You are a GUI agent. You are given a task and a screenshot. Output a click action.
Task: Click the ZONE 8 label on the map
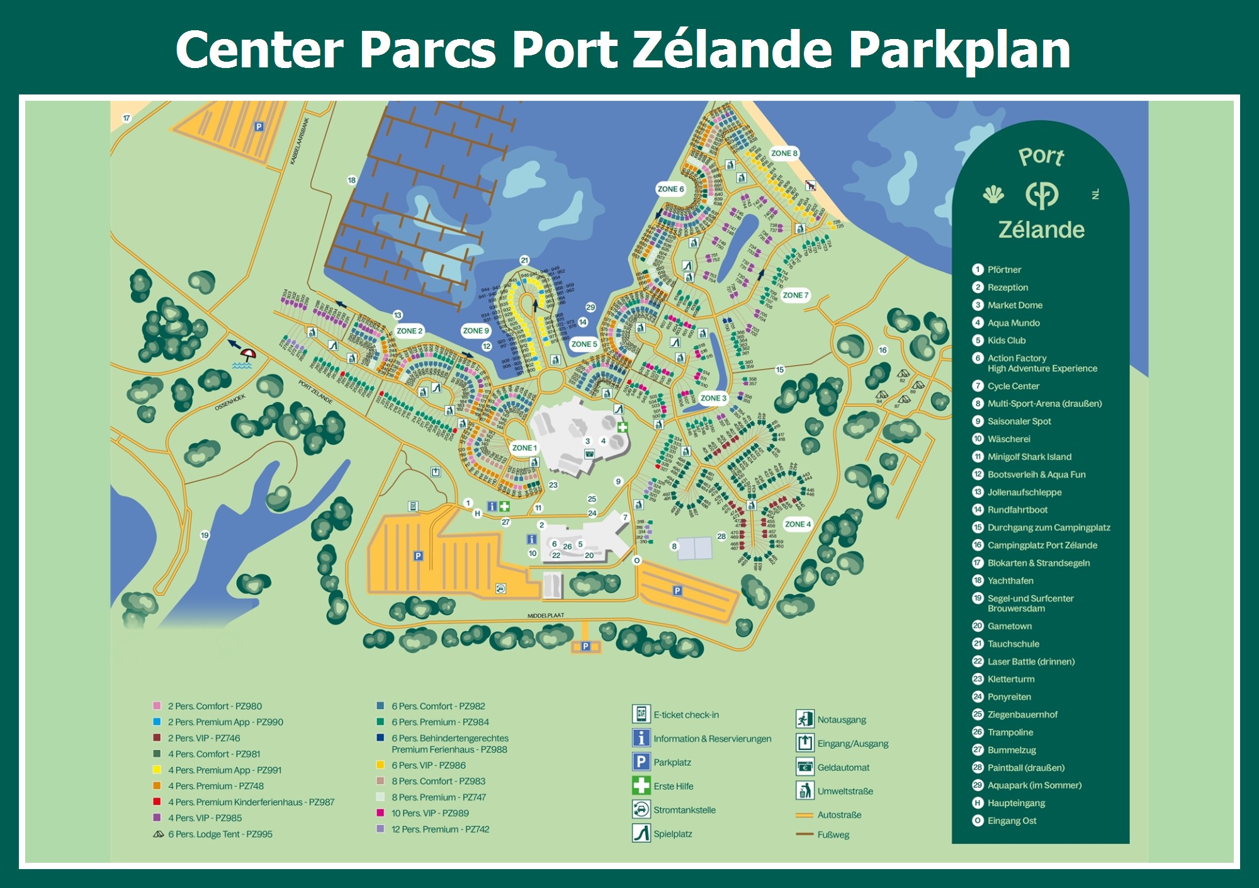[784, 153]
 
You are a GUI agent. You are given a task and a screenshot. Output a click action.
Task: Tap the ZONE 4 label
[798, 524]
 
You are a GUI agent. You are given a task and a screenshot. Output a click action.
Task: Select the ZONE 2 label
[409, 331]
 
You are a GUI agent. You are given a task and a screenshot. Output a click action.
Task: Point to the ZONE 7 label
[795, 295]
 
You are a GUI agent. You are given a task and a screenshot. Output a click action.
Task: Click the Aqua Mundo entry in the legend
[1013, 323]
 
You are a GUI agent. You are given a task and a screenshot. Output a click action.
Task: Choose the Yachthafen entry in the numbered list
[1010, 581]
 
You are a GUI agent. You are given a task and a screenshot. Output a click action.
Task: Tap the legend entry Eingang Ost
[1012, 821]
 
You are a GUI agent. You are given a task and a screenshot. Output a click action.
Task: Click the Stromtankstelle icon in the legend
[641, 809]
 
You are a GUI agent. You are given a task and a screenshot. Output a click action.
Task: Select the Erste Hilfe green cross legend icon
[641, 785]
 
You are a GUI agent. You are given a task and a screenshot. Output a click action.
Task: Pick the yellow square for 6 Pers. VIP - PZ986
[380, 765]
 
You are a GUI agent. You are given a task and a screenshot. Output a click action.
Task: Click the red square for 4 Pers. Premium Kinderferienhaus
[157, 802]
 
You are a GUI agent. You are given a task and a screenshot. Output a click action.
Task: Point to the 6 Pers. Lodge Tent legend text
[220, 834]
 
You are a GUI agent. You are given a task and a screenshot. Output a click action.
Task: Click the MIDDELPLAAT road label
[546, 615]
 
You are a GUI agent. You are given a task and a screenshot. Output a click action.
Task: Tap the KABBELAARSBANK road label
[299, 142]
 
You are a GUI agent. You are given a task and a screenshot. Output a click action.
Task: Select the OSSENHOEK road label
[230, 402]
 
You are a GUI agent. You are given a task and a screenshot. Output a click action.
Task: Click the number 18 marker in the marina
[351, 180]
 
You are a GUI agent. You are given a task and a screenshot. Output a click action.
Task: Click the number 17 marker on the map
[127, 118]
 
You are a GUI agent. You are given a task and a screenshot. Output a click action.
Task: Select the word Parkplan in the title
[959, 50]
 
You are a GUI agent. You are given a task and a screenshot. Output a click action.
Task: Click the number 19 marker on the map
[205, 535]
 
